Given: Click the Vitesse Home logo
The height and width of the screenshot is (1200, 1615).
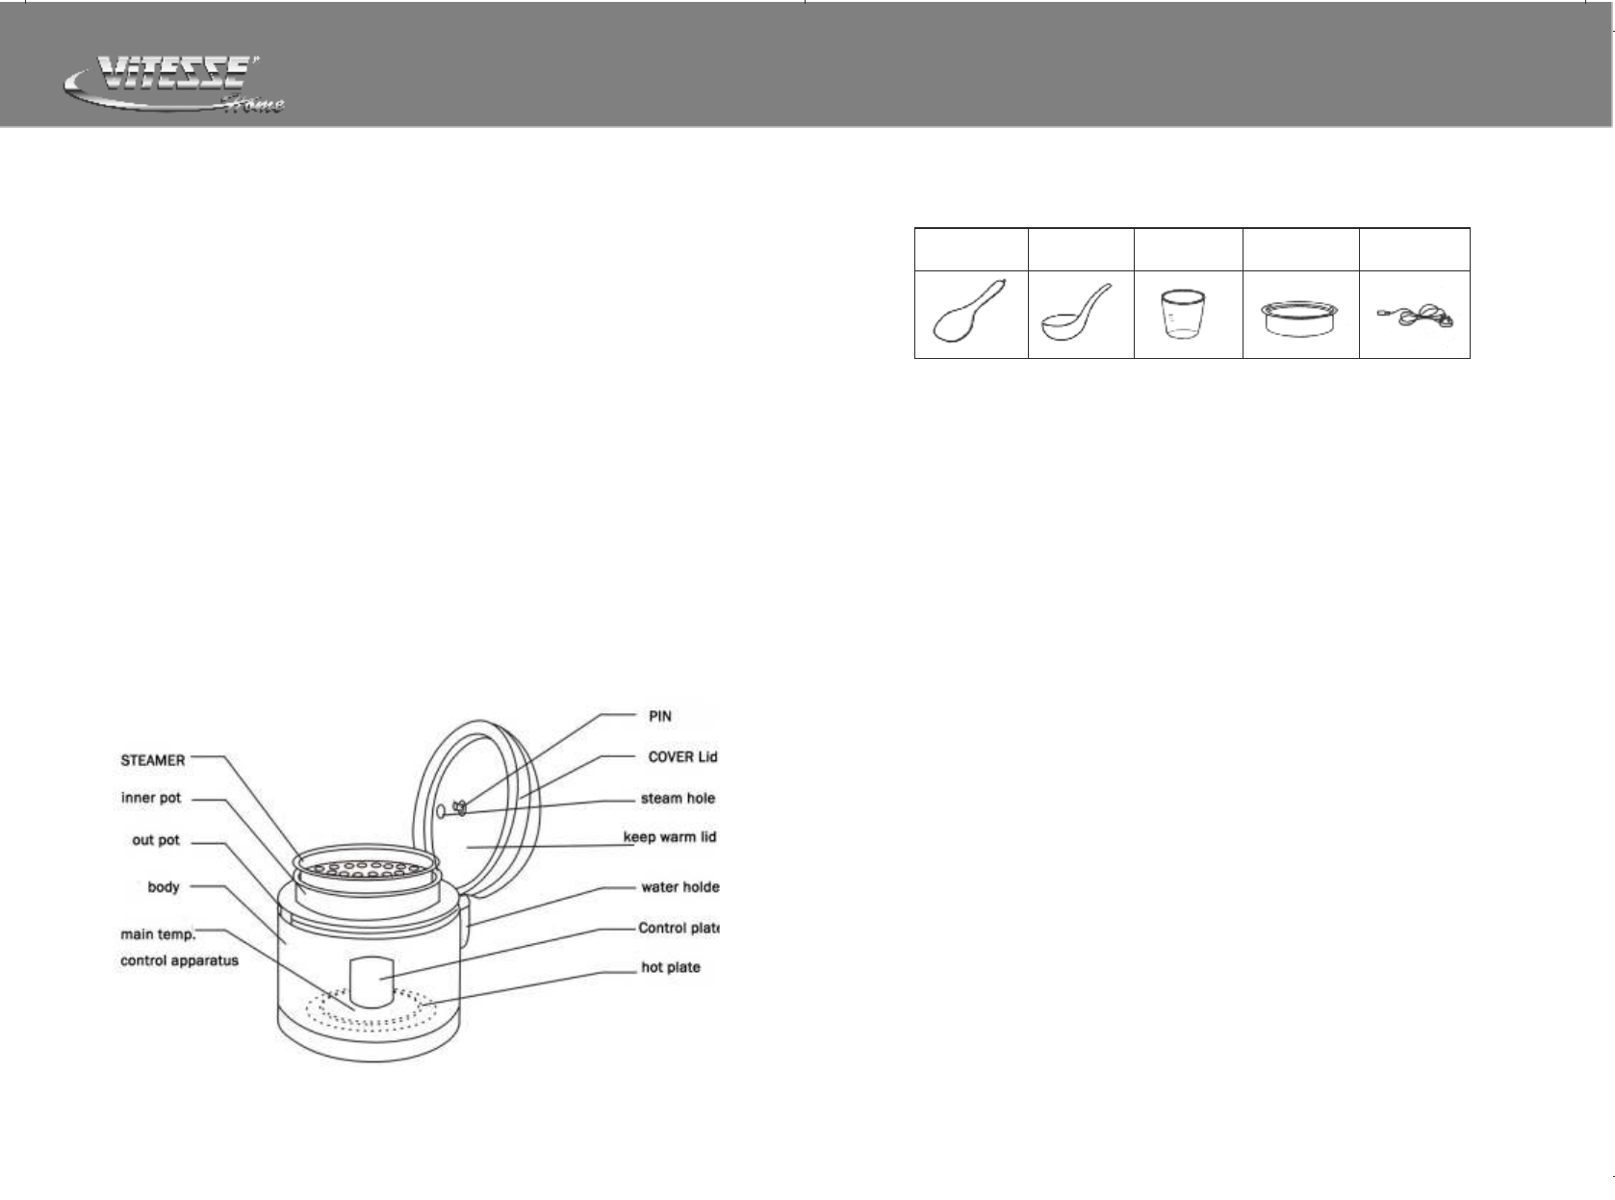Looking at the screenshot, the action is [173, 86].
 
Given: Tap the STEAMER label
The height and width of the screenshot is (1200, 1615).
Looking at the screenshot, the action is [152, 760].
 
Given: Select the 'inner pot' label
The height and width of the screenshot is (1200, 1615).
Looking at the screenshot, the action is [151, 799].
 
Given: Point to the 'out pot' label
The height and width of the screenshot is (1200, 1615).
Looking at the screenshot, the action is [156, 840].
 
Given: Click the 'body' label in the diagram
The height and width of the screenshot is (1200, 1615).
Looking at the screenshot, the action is [164, 886].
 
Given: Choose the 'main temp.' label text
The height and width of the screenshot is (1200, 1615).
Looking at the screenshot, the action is [158, 934].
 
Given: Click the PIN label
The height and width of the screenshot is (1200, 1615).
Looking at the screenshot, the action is [659, 717].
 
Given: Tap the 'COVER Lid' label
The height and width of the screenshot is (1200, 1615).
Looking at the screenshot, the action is [682, 757].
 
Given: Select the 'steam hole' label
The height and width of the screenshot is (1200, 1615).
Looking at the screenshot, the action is [678, 799].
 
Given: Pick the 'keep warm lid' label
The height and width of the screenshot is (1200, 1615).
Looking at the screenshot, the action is [670, 837].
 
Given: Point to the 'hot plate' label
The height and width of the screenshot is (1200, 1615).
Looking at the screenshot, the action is [671, 967].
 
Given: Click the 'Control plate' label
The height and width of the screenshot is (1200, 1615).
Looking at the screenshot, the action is [679, 929].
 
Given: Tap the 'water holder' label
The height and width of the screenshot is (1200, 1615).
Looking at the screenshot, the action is [679, 887].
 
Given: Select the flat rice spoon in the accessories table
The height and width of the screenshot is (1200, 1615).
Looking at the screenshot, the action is [970, 314].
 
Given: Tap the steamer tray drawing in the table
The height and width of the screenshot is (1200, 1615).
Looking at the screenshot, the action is [1300, 318].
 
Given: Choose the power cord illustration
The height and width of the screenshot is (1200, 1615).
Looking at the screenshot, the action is [1415, 317].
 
